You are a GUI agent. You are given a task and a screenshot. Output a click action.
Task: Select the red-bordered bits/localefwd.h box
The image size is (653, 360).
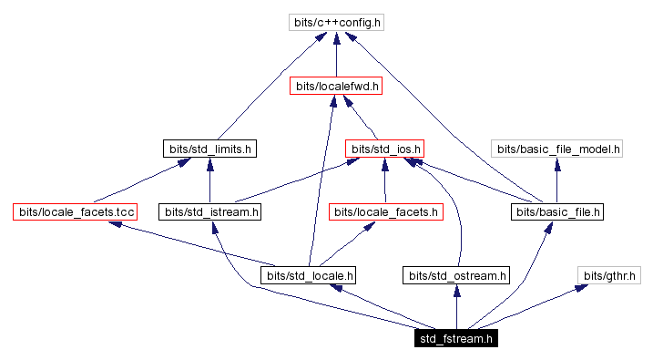click(336, 86)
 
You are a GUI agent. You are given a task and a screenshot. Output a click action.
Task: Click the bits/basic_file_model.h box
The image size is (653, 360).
click(556, 148)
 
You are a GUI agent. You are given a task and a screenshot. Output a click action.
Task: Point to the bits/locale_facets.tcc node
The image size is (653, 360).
click(75, 211)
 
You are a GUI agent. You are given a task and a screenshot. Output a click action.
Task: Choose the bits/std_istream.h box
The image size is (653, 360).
click(210, 211)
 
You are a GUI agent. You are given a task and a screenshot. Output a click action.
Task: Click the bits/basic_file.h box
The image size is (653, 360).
click(556, 211)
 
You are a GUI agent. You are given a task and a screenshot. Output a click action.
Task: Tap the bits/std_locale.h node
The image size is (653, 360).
click(309, 274)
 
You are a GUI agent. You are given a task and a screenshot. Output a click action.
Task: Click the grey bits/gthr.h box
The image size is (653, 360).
click(609, 274)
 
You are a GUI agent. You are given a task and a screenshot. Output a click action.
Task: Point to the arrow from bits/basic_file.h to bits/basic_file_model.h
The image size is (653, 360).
click(556, 180)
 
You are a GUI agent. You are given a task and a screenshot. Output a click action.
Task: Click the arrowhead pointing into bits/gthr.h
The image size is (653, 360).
click(580, 288)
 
